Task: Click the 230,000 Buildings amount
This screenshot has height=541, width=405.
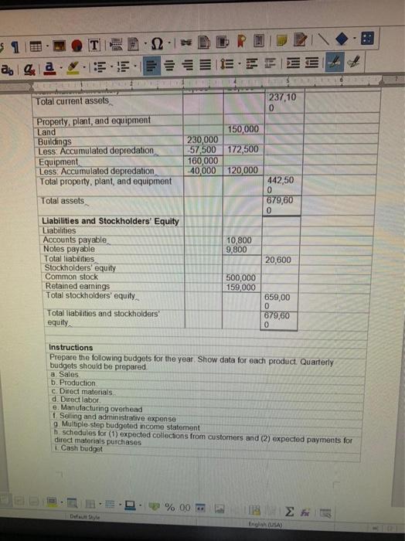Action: coord(203,140)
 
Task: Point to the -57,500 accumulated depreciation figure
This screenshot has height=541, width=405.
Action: coord(202,149)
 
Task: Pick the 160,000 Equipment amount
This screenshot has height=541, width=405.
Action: coord(203,160)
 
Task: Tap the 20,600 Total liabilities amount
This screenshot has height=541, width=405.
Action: coord(279,260)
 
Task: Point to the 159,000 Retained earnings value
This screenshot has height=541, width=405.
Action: coord(240,288)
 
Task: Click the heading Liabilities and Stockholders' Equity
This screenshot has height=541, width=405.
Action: coord(109,222)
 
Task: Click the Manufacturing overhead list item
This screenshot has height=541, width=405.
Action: coord(96,408)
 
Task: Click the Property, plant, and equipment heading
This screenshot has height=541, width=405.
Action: coord(94,121)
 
